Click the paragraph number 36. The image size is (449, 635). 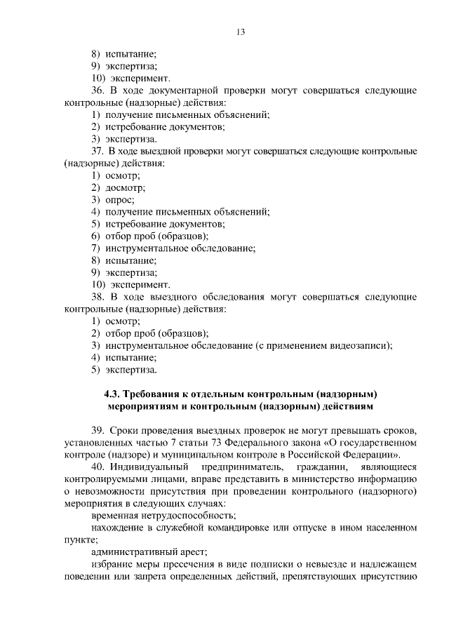pyautogui.click(x=98, y=91)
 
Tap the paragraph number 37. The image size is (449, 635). pyautogui.click(x=98, y=151)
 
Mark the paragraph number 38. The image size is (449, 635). pyautogui.click(x=98, y=296)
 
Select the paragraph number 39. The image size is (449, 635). pyautogui.click(x=98, y=430)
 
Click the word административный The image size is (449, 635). pyautogui.click(x=130, y=552)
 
